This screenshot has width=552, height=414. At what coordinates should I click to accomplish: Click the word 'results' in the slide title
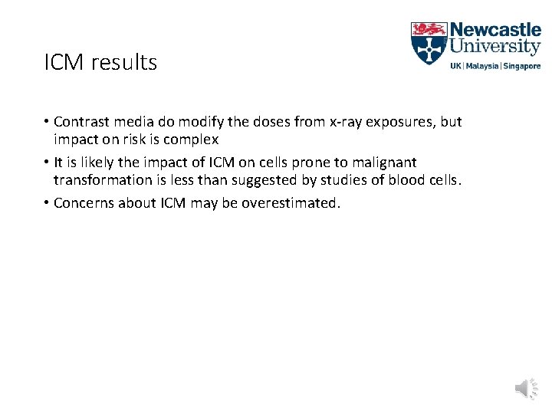point(123,62)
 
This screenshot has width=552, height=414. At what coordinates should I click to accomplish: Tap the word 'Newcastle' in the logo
point(495,31)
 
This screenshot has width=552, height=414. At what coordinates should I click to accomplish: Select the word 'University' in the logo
point(495,48)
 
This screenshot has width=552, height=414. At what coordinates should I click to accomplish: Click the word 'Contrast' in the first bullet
point(82,122)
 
